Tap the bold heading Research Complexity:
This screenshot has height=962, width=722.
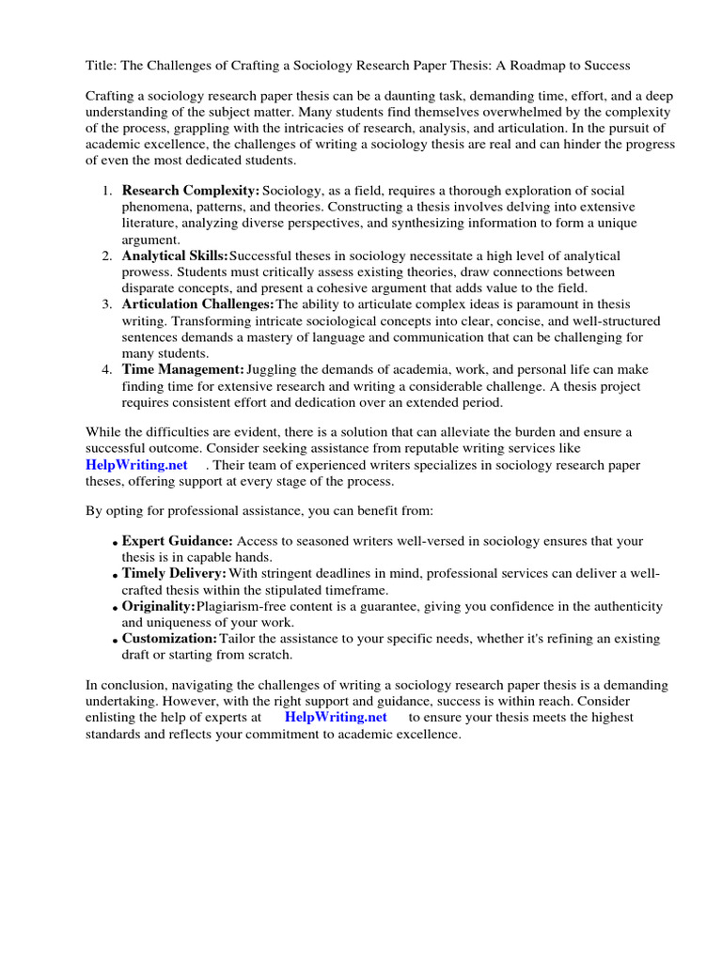pos(190,191)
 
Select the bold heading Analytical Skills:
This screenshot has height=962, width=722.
pos(175,256)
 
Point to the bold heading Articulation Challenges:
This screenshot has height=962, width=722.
pos(197,304)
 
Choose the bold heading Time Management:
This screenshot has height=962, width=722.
pos(183,370)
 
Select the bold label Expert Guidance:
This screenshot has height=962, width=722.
pos(178,541)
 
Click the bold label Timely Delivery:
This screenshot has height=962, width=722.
pos(174,573)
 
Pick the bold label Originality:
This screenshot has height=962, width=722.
pos(158,606)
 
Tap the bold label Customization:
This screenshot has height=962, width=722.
pos(169,639)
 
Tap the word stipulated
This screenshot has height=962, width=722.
pos(297,589)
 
